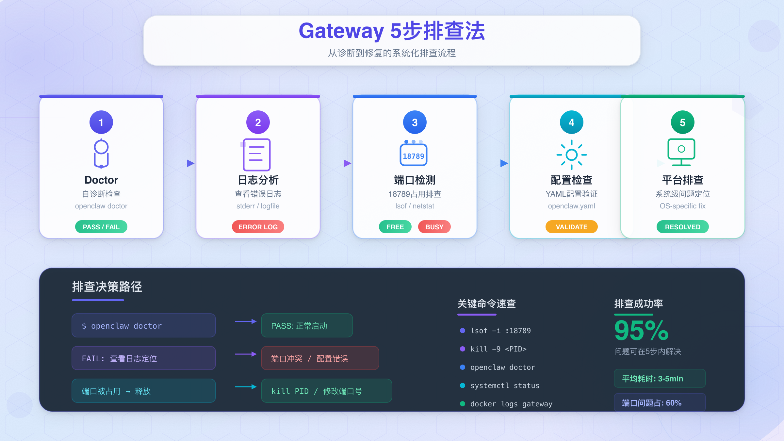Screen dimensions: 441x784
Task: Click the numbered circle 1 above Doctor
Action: click(x=101, y=122)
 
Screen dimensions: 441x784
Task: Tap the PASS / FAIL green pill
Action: click(x=101, y=227)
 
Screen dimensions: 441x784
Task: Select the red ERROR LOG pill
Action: click(x=258, y=227)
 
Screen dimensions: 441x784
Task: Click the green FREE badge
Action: click(x=395, y=227)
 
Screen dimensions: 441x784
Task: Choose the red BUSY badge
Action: click(x=434, y=227)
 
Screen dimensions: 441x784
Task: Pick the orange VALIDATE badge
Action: click(x=572, y=227)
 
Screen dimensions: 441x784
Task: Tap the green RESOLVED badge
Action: click(x=683, y=227)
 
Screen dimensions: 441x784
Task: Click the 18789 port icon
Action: click(x=414, y=155)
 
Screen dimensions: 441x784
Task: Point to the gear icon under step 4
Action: click(x=572, y=155)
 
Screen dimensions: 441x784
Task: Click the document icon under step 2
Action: click(x=257, y=155)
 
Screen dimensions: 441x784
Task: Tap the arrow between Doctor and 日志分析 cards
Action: click(x=190, y=163)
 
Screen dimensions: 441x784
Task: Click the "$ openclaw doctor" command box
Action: click(x=144, y=325)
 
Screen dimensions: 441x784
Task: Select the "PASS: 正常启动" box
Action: click(x=307, y=325)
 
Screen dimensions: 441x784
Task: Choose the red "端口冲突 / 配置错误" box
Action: click(x=320, y=358)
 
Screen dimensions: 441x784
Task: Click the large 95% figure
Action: click(x=641, y=331)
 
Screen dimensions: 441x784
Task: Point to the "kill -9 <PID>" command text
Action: click(x=498, y=349)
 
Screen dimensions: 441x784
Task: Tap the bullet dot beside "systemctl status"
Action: click(x=463, y=385)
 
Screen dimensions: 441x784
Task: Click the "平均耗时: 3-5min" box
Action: click(x=660, y=378)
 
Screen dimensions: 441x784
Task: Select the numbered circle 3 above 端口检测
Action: click(x=415, y=122)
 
